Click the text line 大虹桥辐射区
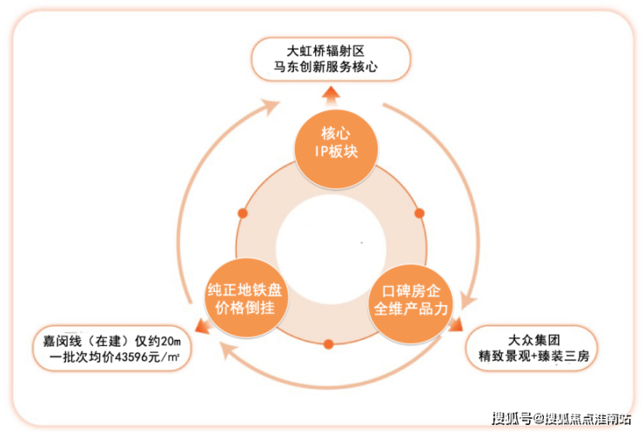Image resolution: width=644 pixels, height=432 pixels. pyautogui.click(x=327, y=50)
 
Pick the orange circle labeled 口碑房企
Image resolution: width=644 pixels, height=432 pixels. pyautogui.click(x=410, y=298)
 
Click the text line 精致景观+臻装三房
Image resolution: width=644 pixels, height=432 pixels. pyautogui.click(x=533, y=356)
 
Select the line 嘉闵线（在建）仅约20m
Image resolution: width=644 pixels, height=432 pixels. pyautogui.click(x=110, y=340)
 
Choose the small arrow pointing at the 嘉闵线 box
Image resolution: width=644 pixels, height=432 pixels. pyautogui.click(x=201, y=328)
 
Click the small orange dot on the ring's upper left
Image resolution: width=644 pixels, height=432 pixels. pyautogui.click(x=243, y=212)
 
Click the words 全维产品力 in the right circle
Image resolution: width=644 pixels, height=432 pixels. pyautogui.click(x=410, y=308)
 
